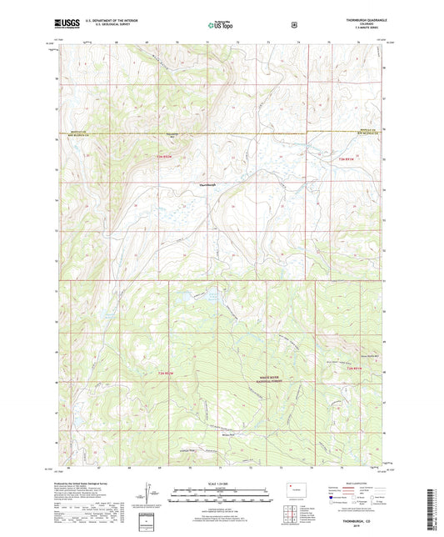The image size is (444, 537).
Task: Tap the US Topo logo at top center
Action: (221, 24)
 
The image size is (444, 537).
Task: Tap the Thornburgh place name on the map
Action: (208, 184)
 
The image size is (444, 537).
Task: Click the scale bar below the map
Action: (221, 492)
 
